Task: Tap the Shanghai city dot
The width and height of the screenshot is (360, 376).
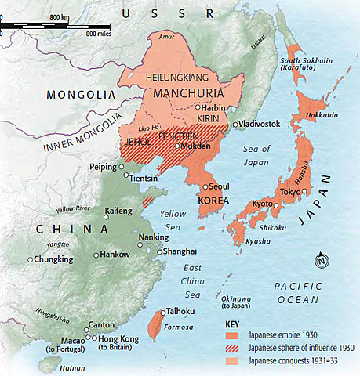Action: point(160,251)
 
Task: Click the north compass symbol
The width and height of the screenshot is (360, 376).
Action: point(321,261)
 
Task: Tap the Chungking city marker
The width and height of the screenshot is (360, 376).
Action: point(30,259)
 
